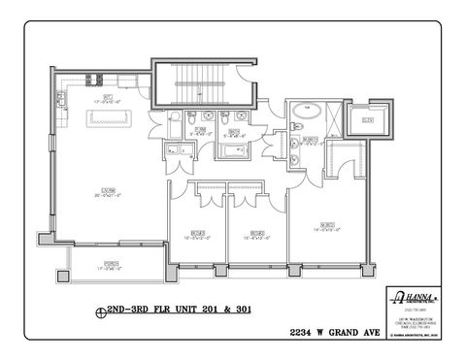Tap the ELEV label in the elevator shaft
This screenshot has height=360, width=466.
[368, 119]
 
